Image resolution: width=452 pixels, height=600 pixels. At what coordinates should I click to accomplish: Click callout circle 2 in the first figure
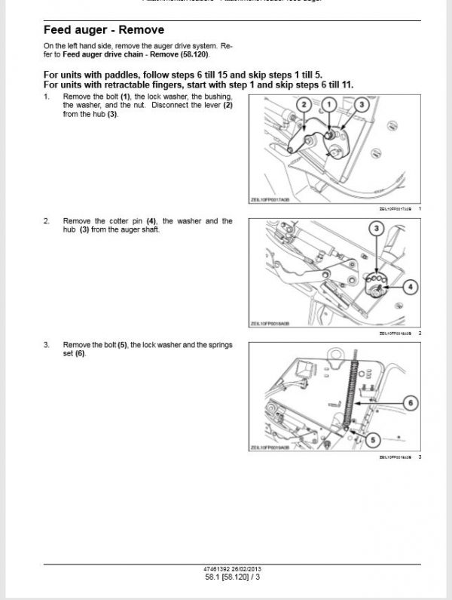304,104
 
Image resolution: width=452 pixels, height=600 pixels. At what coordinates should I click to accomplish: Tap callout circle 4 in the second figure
410,286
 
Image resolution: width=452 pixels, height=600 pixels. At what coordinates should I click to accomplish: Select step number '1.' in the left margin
47,97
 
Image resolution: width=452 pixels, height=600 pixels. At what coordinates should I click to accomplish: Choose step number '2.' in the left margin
47,220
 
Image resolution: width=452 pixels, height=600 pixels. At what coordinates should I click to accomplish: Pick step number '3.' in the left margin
47,344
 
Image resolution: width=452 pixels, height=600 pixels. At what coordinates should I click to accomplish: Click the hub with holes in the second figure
374,282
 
